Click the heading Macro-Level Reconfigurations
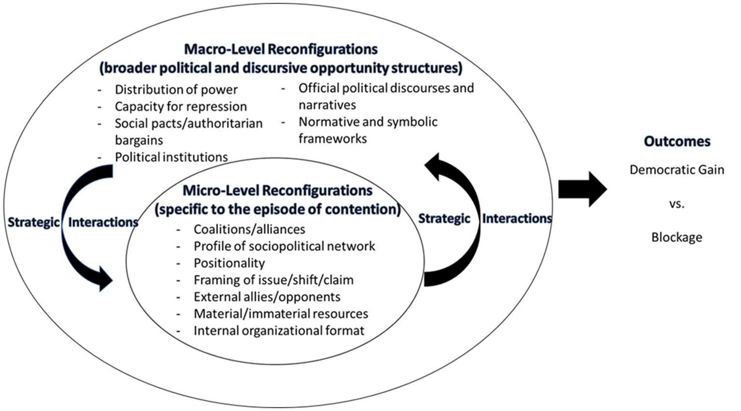pyautogui.click(x=281, y=49)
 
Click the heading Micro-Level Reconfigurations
pyautogui.click(x=277, y=191)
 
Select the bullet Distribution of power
pyautogui.click(x=176, y=90)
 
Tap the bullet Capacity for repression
pyautogui.click(x=180, y=107)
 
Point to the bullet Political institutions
pyautogui.click(x=171, y=157)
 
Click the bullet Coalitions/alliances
pyautogui.click(x=249, y=229)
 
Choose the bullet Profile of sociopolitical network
pyautogui.click(x=284, y=246)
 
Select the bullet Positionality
pyautogui.click(x=229, y=263)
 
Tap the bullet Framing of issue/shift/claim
pyautogui.click(x=274, y=280)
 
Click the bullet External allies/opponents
pyautogui.click(x=267, y=297)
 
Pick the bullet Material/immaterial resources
pyautogui.click(x=281, y=314)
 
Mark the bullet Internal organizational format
pyautogui.click(x=279, y=330)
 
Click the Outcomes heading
pyautogui.click(x=677, y=141)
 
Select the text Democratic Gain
pyautogui.click(x=677, y=170)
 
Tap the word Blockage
pyautogui.click(x=676, y=237)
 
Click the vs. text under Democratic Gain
pyautogui.click(x=676, y=204)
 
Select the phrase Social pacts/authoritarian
pyautogui.click(x=189, y=123)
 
